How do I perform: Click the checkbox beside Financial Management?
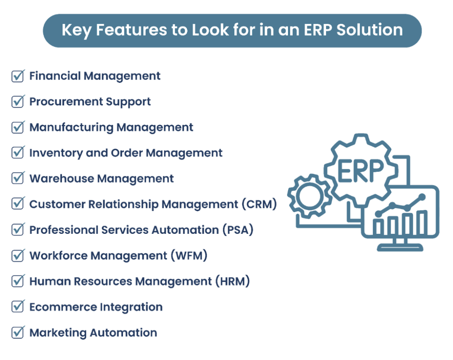(x=17, y=76)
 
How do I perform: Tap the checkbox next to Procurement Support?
(x=17, y=102)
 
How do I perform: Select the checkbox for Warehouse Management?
(x=17, y=179)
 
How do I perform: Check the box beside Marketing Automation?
(x=17, y=333)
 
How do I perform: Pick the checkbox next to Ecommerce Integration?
(x=17, y=307)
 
